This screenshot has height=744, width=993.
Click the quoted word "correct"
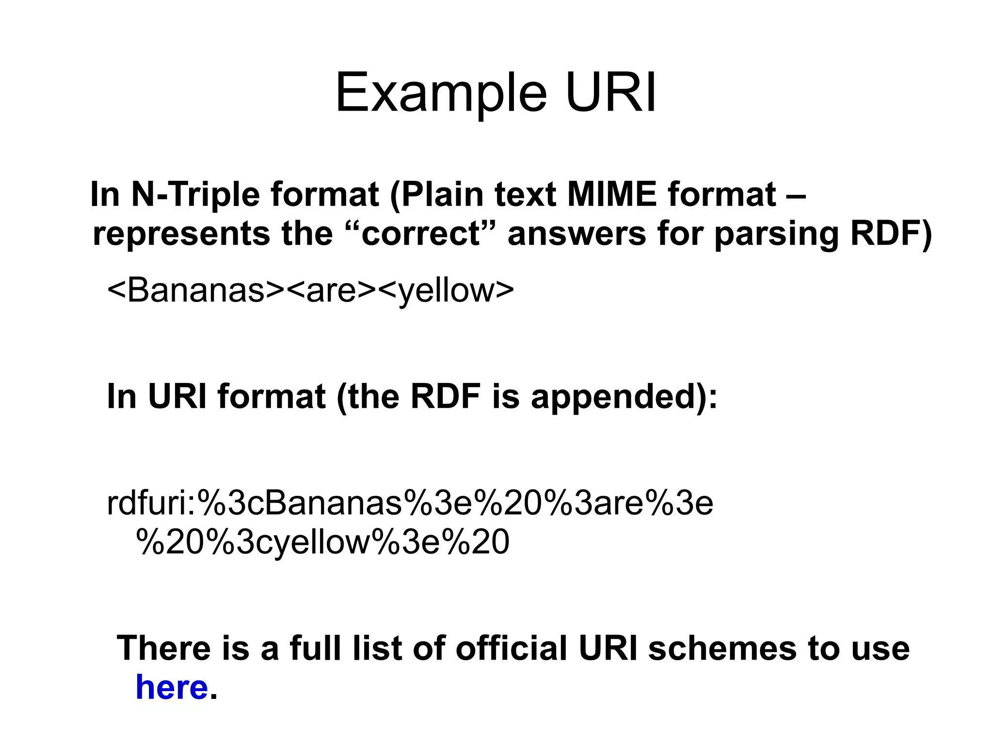point(421,234)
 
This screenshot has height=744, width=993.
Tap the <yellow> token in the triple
point(445,291)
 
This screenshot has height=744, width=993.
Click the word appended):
point(624,396)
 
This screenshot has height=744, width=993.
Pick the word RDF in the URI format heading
point(445,396)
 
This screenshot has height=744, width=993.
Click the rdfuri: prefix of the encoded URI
point(151,503)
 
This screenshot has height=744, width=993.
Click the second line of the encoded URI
point(322,541)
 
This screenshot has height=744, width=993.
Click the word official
point(511,648)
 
